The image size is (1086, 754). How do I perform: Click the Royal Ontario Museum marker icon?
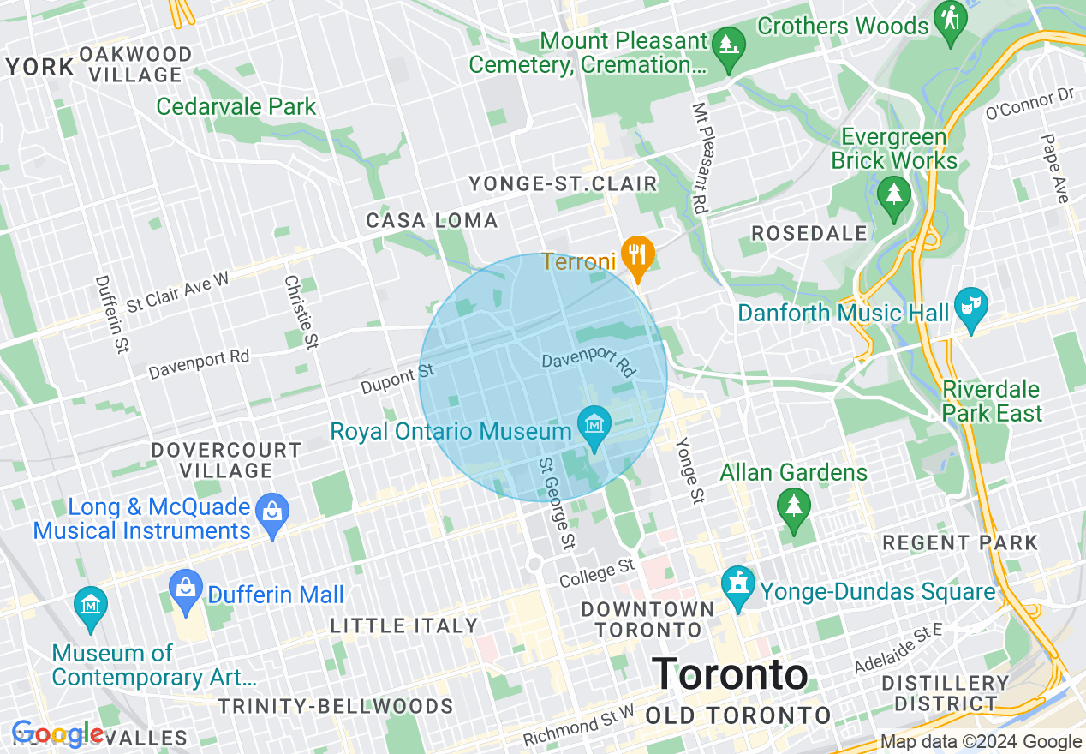click(594, 422)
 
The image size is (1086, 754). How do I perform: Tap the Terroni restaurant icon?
click(636, 253)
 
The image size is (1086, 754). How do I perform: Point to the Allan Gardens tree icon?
click(793, 504)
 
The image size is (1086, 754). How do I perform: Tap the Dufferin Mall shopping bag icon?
click(185, 587)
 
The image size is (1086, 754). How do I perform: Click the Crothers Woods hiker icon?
click(950, 16)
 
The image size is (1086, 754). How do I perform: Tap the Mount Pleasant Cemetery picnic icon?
click(728, 43)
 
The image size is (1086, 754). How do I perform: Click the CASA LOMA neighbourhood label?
click(432, 221)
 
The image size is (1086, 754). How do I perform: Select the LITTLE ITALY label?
click(403, 626)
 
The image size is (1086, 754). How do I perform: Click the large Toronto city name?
click(731, 674)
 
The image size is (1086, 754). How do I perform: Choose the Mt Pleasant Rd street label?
click(700, 159)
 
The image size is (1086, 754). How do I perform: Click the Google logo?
click(57, 734)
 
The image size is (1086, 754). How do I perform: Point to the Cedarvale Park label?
click(236, 107)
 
